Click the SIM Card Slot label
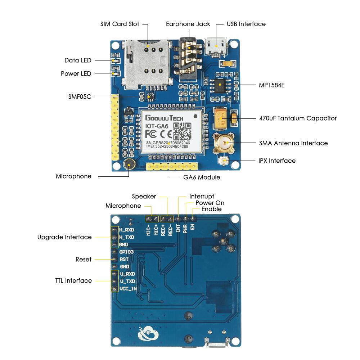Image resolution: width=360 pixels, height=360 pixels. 120,24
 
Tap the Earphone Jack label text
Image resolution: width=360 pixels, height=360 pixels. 188,24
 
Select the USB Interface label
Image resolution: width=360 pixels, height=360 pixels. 246,24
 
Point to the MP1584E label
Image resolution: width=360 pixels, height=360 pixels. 272,85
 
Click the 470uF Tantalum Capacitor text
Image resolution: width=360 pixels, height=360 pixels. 298,118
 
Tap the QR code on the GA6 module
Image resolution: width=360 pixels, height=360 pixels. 183,131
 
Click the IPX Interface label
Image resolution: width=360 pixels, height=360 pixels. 277,161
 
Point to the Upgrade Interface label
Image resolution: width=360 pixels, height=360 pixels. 64,237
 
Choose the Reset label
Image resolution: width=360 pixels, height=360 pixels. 84,260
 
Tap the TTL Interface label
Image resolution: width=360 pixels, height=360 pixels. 73,281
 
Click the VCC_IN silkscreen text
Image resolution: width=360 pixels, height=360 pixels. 128,289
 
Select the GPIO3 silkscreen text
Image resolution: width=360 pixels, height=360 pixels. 126,252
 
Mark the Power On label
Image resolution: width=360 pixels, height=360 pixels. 210,203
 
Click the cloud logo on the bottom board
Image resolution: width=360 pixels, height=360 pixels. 148,333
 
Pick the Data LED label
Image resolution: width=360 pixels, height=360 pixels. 78,60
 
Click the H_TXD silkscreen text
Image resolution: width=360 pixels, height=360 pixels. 127,237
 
